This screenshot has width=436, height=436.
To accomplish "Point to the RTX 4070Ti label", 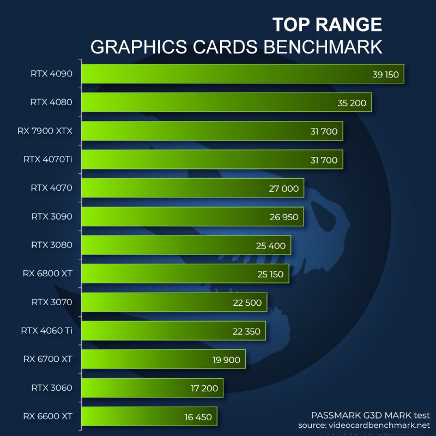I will coord(48,160).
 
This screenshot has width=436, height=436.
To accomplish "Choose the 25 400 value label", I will coord(271,246).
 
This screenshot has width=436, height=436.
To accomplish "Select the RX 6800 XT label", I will coord(48,274).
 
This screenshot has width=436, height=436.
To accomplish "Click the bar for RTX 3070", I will coord(174,302).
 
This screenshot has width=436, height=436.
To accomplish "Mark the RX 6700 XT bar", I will coord(163,360).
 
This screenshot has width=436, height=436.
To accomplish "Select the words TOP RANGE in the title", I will coord(327,25).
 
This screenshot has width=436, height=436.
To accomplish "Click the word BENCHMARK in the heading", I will coord(323,47).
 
